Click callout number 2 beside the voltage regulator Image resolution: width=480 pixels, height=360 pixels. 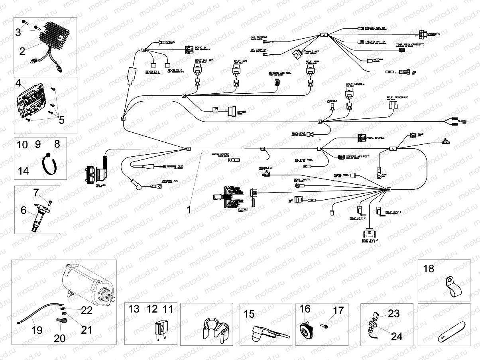point(22,51)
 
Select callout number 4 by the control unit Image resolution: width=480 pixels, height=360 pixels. point(18,83)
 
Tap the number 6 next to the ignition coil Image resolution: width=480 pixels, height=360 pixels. point(24,209)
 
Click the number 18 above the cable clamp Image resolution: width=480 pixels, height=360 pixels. point(429,269)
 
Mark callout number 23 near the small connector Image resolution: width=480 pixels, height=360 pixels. point(393,314)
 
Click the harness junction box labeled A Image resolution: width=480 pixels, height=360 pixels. point(324,35)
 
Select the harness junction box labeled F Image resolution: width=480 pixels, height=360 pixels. point(189,149)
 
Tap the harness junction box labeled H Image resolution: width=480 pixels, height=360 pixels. point(389,190)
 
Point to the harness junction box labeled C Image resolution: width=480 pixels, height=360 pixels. point(144,50)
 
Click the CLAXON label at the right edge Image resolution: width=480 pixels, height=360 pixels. point(462,120)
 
